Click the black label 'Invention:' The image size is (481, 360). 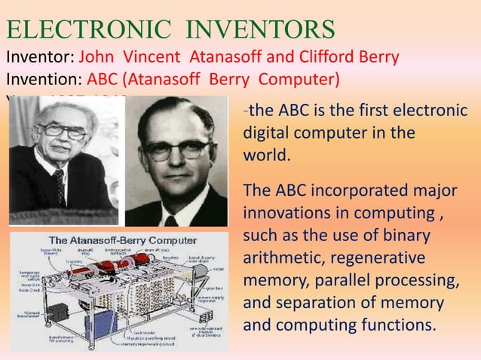tap(44, 79)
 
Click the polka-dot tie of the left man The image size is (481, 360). tap(58, 187)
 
